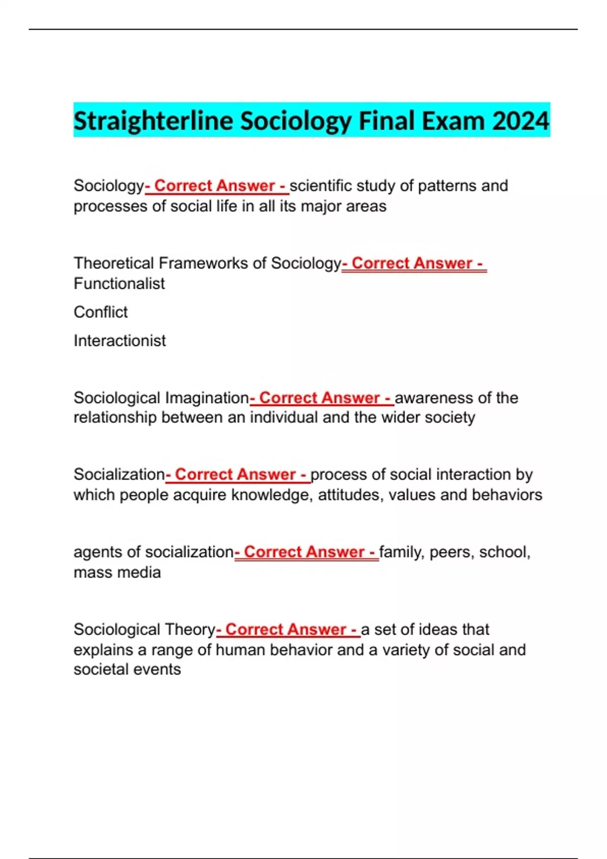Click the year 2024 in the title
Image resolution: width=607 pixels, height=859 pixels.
pos(521,121)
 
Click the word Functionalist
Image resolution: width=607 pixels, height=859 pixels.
pos(119,283)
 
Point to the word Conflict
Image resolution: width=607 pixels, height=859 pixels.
pos(101,312)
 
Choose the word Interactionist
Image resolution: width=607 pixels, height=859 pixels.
pos(120,341)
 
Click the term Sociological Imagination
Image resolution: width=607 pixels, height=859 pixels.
pos(161,398)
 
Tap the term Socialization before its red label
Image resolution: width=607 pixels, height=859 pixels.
pos(119,474)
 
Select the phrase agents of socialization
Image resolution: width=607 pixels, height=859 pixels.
pos(154,552)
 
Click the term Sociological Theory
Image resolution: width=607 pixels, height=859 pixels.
pos(145,630)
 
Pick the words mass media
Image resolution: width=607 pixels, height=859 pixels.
pos(117,572)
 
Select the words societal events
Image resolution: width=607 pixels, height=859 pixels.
pos(127,670)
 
